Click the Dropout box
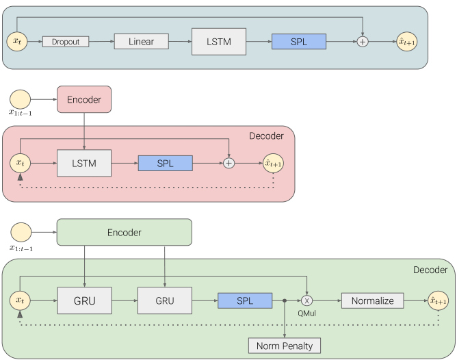[x=66, y=42]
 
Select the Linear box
[x=142, y=41]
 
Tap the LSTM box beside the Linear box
[x=219, y=42]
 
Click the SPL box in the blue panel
[x=299, y=41]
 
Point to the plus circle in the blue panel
[x=363, y=42]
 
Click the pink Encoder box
[x=84, y=99]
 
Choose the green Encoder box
[x=124, y=232]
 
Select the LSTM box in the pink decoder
[x=84, y=164]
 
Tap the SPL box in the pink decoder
[x=166, y=164]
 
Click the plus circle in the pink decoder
[x=228, y=164]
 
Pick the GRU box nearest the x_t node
[x=85, y=300]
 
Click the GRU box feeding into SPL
[x=165, y=300]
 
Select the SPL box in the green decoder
[x=245, y=300]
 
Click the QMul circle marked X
[x=306, y=300]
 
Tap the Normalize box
[x=372, y=300]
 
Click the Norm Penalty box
[x=285, y=346]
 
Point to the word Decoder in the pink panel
[x=266, y=136]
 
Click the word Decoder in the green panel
[x=430, y=270]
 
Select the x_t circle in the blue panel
[x=17, y=41]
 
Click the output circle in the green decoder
[x=439, y=300]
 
